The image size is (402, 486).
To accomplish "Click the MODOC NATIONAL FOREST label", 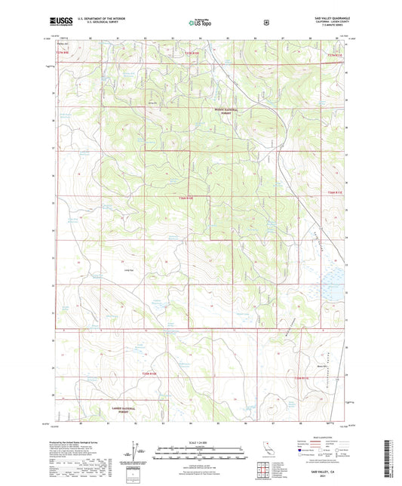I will pyautogui.click(x=226, y=111).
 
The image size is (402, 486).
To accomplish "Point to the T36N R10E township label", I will pyautogui.click(x=186, y=198).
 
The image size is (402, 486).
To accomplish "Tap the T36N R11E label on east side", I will pyautogui.click(x=335, y=193).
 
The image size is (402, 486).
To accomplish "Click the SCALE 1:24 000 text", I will pyautogui.click(x=200, y=441).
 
